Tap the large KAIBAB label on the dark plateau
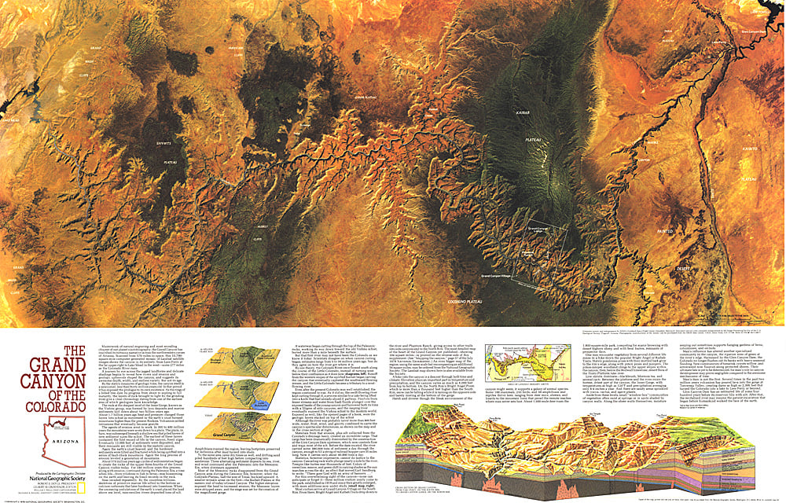[x=523, y=112]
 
